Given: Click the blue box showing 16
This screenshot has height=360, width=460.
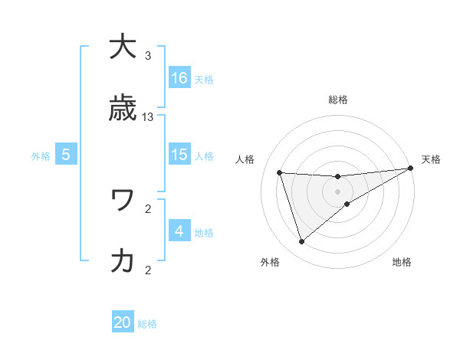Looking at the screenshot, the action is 179,77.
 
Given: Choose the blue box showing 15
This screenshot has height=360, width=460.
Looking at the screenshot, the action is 179,155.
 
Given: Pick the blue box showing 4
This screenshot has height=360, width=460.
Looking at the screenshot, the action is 179,231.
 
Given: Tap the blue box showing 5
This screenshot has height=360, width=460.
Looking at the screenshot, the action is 66,155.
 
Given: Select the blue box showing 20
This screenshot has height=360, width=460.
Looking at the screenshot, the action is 123,322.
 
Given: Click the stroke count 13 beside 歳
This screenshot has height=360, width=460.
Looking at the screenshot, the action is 148,117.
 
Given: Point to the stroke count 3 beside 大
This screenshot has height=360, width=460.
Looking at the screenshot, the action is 148,56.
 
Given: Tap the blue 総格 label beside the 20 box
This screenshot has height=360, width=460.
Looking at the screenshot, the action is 147,324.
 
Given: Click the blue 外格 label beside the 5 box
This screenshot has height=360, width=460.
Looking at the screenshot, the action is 41,155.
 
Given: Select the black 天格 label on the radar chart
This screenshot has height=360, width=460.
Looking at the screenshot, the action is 431,159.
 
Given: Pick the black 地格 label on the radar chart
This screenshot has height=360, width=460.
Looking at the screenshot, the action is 402,262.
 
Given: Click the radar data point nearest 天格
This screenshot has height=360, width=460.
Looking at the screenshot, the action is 410,169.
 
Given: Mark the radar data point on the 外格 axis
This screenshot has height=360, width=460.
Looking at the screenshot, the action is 301,242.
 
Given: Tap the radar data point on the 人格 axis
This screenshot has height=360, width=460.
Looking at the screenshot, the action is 280,172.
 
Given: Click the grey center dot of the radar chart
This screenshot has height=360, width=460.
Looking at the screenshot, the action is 337,191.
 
